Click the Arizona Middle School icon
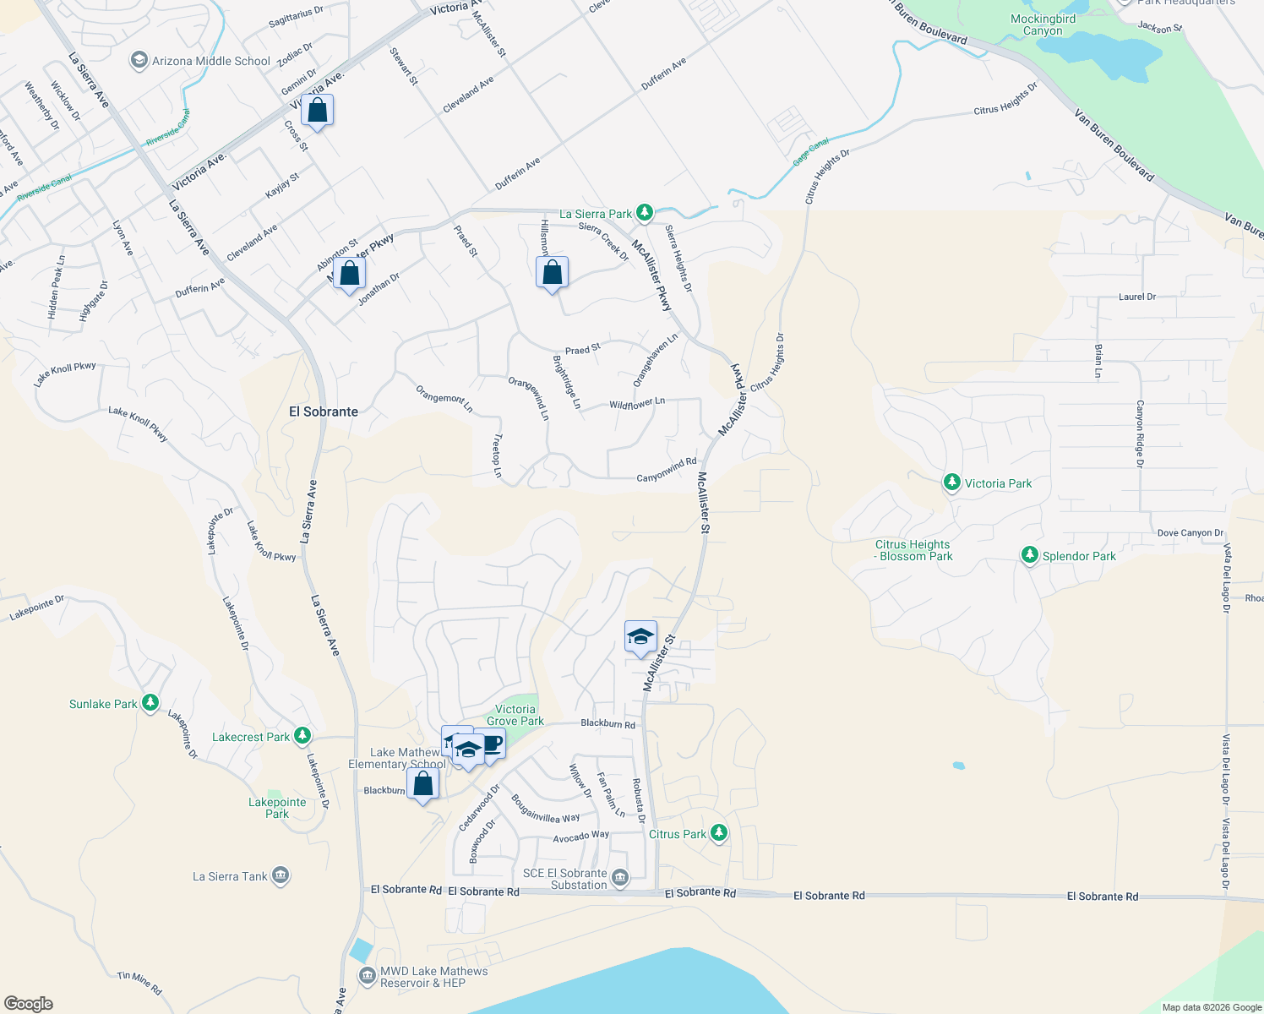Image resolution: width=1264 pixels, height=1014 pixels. point(139,61)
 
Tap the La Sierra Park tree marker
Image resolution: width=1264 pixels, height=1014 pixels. point(645,212)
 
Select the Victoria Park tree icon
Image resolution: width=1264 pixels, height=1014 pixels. point(952,482)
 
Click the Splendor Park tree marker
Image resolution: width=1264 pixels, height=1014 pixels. point(1029,555)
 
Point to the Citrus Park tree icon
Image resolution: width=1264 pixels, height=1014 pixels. point(719,833)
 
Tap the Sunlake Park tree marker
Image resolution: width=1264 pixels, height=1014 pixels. point(150,703)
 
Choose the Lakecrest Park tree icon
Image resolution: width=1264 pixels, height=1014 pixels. point(302,736)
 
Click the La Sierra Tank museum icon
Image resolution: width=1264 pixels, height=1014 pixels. point(281,875)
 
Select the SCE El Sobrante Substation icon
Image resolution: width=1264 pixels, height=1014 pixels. point(619,879)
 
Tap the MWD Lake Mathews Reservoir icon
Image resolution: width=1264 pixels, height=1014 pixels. point(368,977)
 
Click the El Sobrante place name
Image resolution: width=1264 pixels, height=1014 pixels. point(324,412)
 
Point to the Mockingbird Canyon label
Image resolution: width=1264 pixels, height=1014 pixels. point(1043,25)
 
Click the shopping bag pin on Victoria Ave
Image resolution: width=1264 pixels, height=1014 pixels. point(317,111)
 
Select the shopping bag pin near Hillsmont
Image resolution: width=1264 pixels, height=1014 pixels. point(552,273)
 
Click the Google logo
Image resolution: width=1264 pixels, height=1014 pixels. point(29,1004)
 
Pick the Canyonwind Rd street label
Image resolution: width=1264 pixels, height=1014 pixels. point(666,470)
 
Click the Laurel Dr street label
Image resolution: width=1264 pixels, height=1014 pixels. point(1136,297)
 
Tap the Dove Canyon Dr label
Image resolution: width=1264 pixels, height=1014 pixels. point(1190,533)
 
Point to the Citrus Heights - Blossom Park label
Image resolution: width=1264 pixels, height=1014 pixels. point(913,550)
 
